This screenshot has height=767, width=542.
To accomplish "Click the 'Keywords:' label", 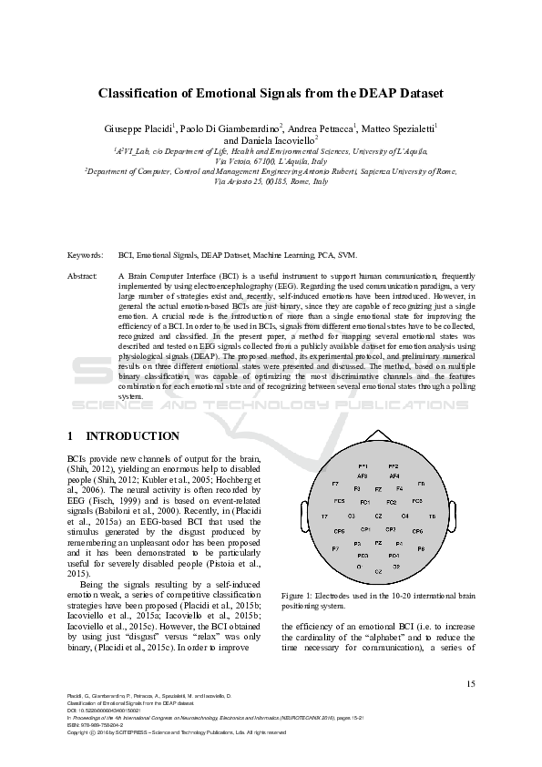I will coord(85,232).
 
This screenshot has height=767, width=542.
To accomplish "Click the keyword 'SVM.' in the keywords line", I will coord(336,232).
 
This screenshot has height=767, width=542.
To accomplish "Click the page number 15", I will coord(470,684).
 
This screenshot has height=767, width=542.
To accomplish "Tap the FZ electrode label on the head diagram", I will coord(378,489).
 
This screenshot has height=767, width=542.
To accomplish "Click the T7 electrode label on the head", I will coord(324,516).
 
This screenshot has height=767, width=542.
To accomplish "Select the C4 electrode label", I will coord(404,516).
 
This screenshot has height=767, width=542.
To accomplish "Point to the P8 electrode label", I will coord(421,549).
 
